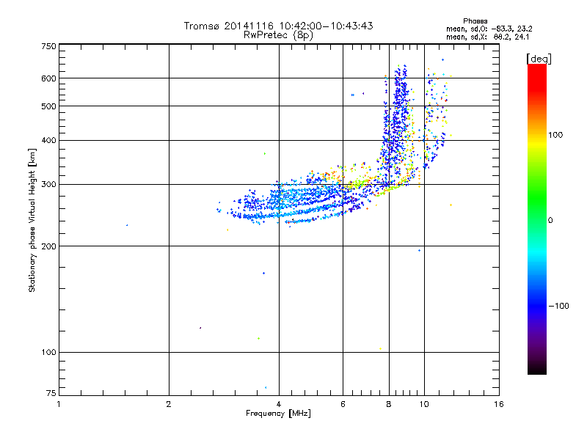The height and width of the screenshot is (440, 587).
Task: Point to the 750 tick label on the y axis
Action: [48, 46]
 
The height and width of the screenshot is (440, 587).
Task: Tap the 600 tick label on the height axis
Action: [48, 78]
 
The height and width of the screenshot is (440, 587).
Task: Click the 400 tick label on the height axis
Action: [48, 140]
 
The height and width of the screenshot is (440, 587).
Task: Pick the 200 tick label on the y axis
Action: [48, 246]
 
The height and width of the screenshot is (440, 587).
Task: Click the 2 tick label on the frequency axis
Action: [169, 404]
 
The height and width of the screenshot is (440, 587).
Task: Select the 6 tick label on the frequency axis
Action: [343, 404]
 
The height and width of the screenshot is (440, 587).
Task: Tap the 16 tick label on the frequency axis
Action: [498, 404]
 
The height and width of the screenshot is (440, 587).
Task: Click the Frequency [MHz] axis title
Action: [278, 414]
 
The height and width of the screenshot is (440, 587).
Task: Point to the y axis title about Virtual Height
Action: [32, 220]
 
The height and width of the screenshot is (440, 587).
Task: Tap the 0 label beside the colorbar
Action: [552, 220]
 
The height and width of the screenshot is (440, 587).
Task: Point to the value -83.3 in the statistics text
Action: [500, 29]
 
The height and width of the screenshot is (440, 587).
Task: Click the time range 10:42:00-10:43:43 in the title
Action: [324, 26]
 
